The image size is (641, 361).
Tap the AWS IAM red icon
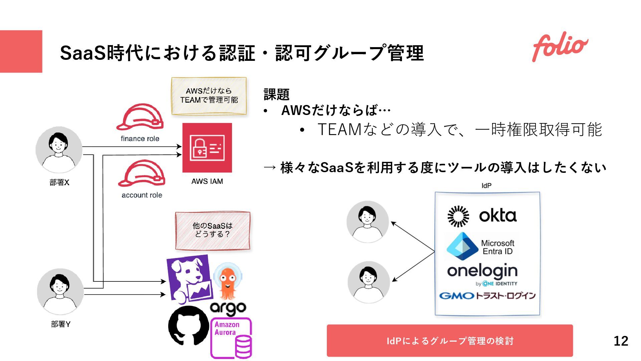tap(207, 147)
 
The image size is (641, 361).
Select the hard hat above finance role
tap(140, 117)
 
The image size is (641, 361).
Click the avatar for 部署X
tap(59, 149)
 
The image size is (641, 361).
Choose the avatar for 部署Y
tap(60, 291)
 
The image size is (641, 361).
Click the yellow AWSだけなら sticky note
tap(209, 96)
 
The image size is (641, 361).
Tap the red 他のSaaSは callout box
tap(213, 230)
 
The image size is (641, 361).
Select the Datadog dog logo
tap(190, 278)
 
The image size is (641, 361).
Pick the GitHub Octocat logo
tap(189, 326)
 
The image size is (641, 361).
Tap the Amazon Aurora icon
tap(231, 338)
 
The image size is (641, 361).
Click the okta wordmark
tap(497, 216)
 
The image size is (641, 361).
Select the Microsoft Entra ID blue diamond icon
tap(462, 246)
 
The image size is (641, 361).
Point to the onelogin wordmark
tap(482, 271)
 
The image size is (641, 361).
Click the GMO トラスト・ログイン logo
tap(487, 295)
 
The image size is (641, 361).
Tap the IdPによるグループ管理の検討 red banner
tap(450, 341)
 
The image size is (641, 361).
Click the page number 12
tap(621, 341)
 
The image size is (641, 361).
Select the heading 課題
tap(276, 95)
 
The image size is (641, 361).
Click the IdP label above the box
tap(486, 186)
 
